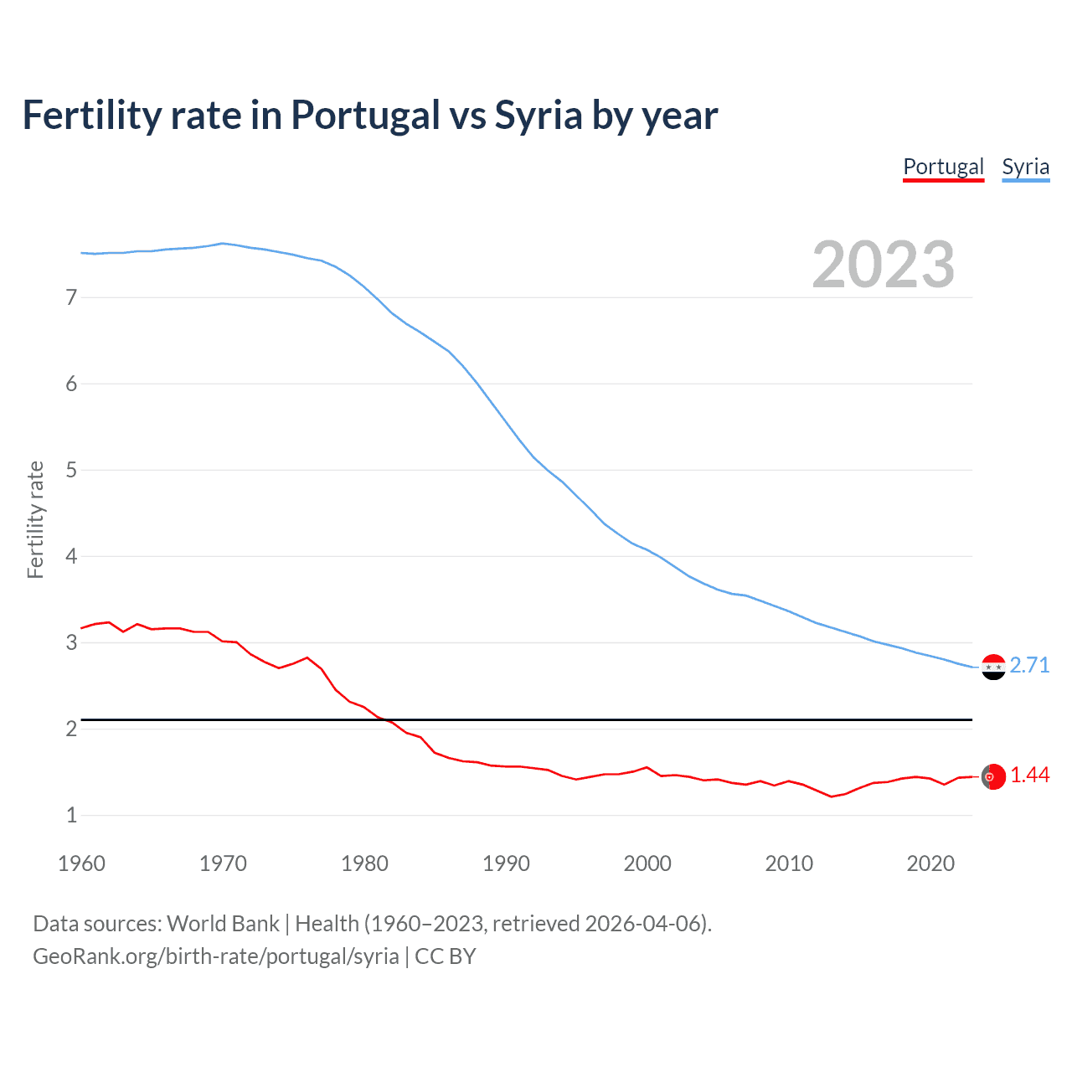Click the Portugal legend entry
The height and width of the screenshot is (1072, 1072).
[x=943, y=167]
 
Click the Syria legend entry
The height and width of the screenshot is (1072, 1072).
[x=1025, y=167]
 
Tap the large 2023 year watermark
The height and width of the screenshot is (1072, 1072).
[x=883, y=265]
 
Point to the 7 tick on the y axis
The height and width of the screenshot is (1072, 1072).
[x=71, y=297]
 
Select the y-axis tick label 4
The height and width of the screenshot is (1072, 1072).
[x=71, y=556]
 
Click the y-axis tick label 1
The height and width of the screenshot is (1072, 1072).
[x=71, y=815]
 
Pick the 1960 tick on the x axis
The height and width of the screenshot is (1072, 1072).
[x=81, y=863]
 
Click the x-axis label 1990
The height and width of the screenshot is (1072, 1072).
[x=506, y=863]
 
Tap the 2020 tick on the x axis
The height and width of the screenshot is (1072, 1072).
[x=930, y=863]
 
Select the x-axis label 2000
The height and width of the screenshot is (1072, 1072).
[x=647, y=863]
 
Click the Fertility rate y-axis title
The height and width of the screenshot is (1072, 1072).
[x=35, y=519]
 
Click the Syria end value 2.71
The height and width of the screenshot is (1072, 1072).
[x=1029, y=665]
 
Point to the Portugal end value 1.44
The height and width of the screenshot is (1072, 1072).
[x=1029, y=776]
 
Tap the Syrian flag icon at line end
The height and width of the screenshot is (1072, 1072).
[x=993, y=667]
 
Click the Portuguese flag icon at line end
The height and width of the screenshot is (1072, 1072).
[x=993, y=777]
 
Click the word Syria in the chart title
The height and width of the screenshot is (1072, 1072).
[x=538, y=115]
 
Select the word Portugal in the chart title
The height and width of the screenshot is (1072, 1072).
[x=365, y=115]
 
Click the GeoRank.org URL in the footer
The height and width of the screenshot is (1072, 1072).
[x=216, y=956]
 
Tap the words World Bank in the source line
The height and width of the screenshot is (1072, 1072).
[x=223, y=923]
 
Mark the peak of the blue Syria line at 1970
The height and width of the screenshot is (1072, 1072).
[x=222, y=244]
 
